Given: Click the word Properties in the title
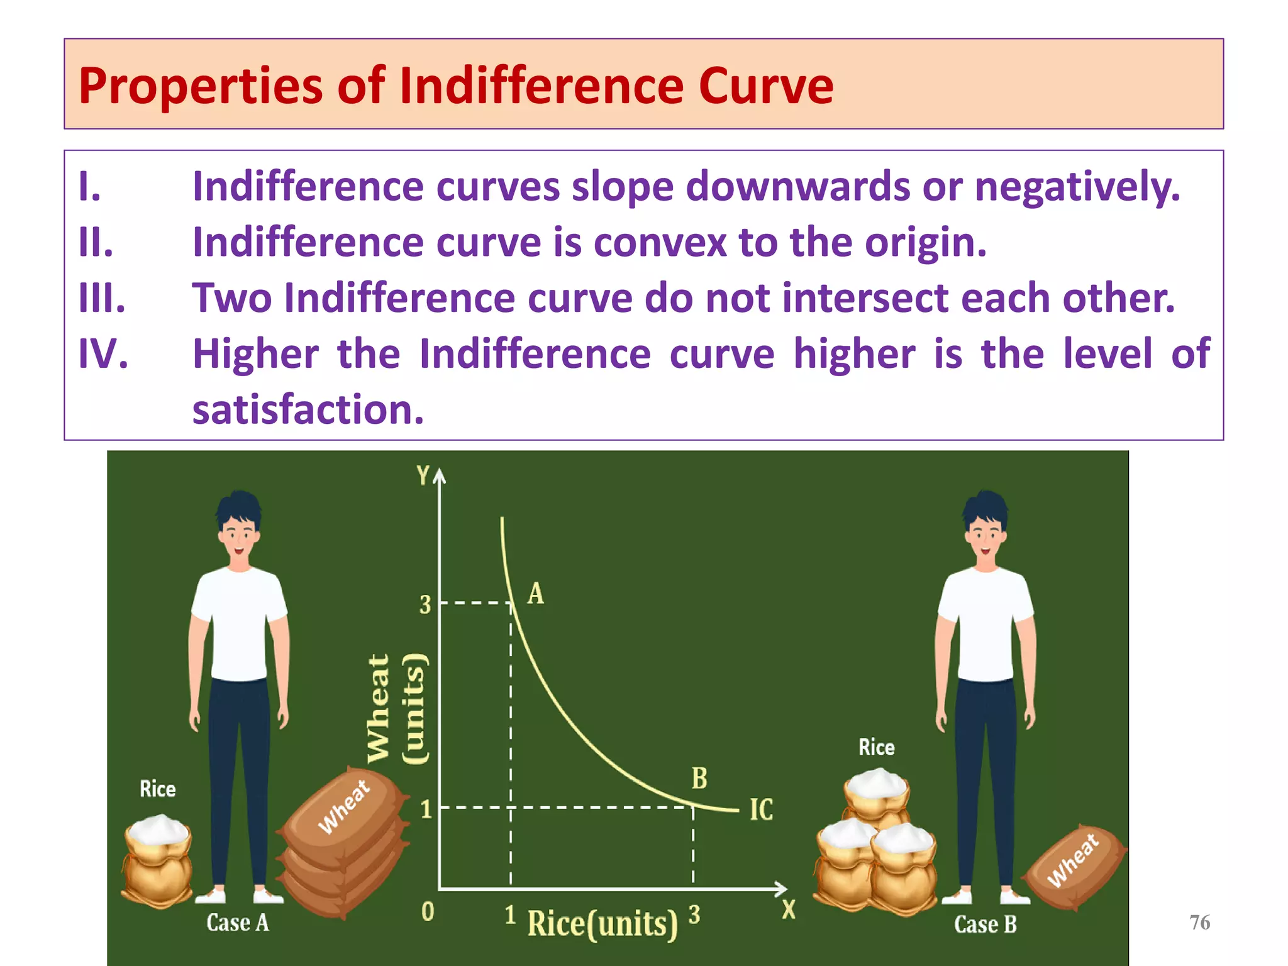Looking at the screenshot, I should [200, 86].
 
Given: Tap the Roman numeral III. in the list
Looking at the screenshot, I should [102, 298].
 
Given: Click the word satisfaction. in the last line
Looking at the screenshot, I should [308, 409].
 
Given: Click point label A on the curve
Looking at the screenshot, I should [535, 594].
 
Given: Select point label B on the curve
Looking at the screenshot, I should [699, 779].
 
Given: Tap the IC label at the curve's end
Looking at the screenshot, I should [761, 810].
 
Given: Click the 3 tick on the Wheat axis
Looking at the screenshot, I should [426, 605].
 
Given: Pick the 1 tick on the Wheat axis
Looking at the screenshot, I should [426, 809].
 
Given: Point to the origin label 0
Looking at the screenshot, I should [428, 911].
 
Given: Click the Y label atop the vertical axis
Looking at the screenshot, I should [423, 475].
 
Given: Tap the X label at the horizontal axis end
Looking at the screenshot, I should [789, 910].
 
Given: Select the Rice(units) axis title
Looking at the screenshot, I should [602, 924].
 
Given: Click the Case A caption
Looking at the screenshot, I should [238, 923].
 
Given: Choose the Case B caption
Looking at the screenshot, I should [985, 924].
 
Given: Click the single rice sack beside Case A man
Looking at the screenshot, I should [157, 860].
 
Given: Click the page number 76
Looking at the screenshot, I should [1199, 923].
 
